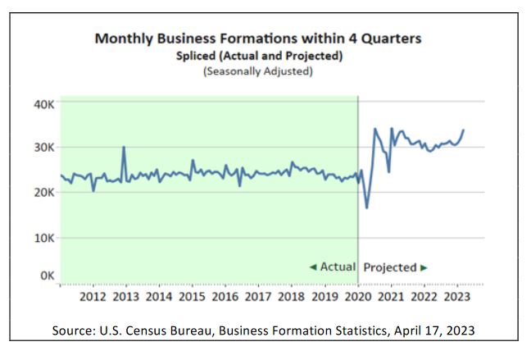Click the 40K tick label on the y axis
(x=43, y=104)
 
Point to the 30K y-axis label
(x=43, y=148)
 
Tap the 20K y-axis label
(x=43, y=192)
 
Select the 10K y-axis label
(x=43, y=238)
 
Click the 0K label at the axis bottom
(x=46, y=276)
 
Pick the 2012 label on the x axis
(x=92, y=296)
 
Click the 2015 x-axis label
(x=192, y=296)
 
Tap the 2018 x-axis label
(x=293, y=296)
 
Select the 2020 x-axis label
(x=358, y=296)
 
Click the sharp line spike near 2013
(x=124, y=148)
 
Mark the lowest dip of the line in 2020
(x=366, y=207)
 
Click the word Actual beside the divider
(x=337, y=267)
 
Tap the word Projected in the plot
(x=390, y=267)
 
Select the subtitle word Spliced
(x=194, y=56)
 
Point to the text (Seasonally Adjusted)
(x=258, y=71)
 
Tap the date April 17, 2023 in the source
(x=435, y=331)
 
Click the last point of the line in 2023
(x=464, y=130)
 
